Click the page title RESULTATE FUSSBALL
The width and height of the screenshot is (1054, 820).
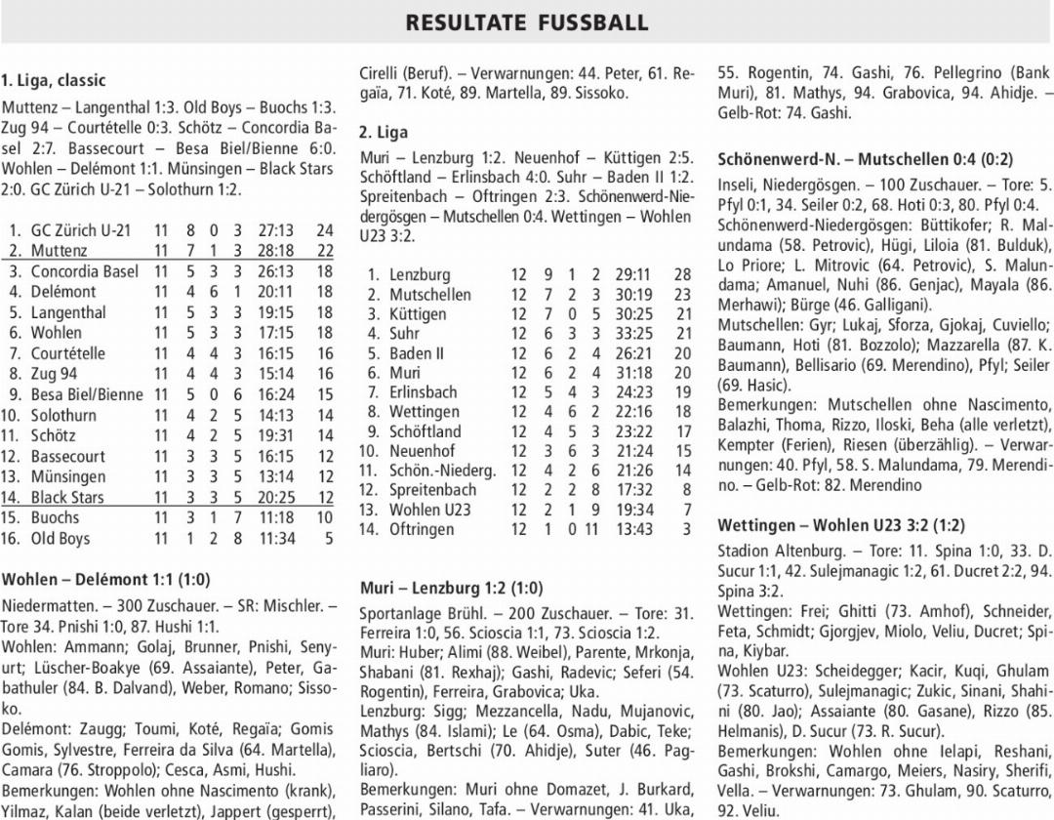pyautogui.click(x=527, y=21)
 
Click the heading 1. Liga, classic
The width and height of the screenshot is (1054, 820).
pyautogui.click(x=54, y=80)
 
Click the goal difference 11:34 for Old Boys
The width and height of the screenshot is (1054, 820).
pyautogui.click(x=276, y=538)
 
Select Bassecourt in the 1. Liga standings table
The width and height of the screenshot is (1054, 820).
pyautogui.click(x=67, y=456)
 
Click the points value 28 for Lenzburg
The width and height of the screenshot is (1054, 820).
pyautogui.click(x=681, y=275)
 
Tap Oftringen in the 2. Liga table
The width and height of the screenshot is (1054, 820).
pyautogui.click(x=422, y=529)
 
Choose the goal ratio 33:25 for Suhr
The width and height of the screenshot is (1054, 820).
pyautogui.click(x=633, y=334)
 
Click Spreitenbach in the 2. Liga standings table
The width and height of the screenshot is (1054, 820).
pyautogui.click(x=432, y=490)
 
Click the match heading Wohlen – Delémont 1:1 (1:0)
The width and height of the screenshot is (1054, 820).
pyautogui.click(x=105, y=579)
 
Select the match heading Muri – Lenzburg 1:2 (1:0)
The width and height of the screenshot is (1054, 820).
pyautogui.click(x=452, y=588)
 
